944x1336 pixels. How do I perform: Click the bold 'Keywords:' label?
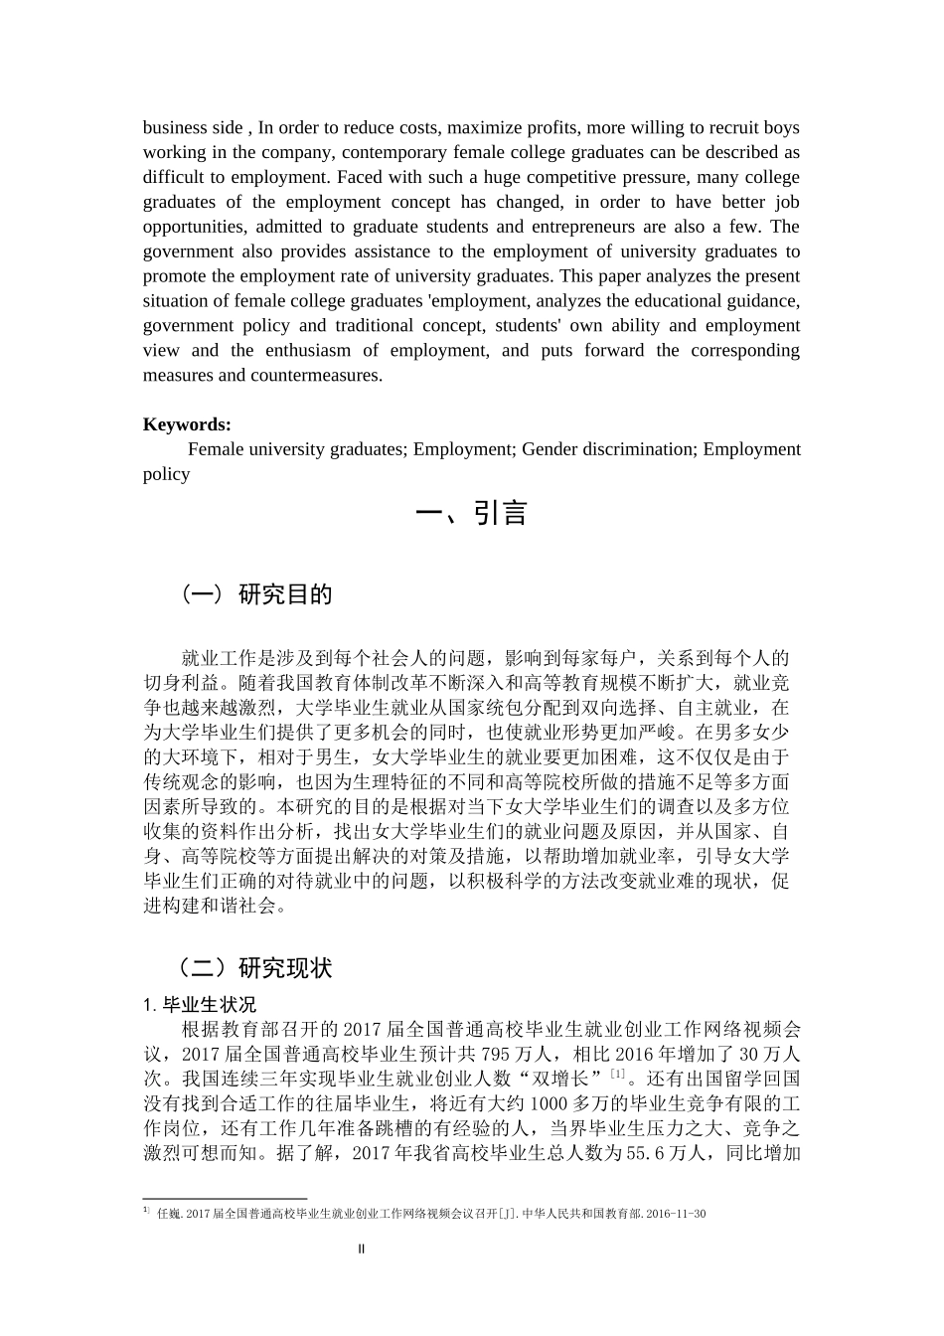pos(187,424)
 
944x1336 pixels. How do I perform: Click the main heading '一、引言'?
pos(471,513)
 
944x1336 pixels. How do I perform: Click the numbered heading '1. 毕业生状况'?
pos(200,1004)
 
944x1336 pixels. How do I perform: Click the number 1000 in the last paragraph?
pos(551,1103)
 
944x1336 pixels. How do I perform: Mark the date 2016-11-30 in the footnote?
pos(677,1213)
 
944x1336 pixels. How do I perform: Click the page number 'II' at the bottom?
pos(362,1249)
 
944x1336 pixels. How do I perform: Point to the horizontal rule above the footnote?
pos(226,1199)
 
